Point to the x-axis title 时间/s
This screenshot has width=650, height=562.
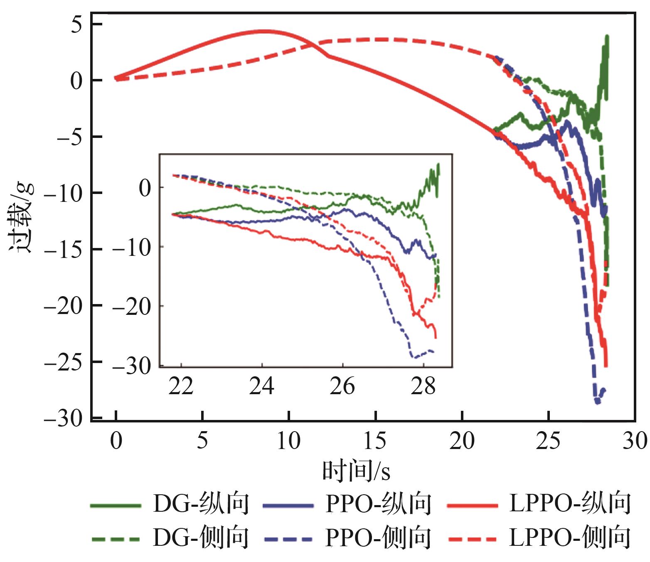click(x=356, y=471)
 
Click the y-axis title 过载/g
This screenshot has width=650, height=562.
click(x=21, y=217)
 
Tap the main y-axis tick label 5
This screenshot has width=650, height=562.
click(x=76, y=25)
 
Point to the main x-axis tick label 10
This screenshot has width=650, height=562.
click(x=289, y=441)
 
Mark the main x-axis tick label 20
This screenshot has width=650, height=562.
click(x=462, y=441)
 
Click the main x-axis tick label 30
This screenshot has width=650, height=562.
click(x=635, y=441)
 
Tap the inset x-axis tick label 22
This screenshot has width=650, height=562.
click(x=181, y=386)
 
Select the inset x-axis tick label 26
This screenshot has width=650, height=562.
click(x=342, y=386)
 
